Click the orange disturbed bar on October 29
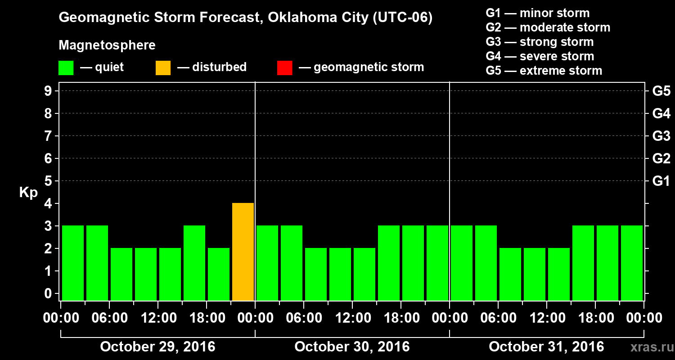pos(243,252)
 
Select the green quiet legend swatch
pos(66,68)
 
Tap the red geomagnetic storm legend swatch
pos(284,68)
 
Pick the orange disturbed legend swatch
pos(163,68)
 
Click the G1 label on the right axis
pos(661,181)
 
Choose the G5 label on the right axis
pos(661,91)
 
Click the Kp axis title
pos(28,193)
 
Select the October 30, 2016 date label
pos(352,347)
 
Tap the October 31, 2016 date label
pos(546,347)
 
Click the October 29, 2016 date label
pos(157,347)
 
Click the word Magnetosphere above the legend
pos(107,45)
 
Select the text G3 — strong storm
pos(540,42)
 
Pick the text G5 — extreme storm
pos(544,71)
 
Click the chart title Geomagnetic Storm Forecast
pos(246,18)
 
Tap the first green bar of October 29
pos(73,263)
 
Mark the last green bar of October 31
pos(632,263)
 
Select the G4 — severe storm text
pos(540,56)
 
